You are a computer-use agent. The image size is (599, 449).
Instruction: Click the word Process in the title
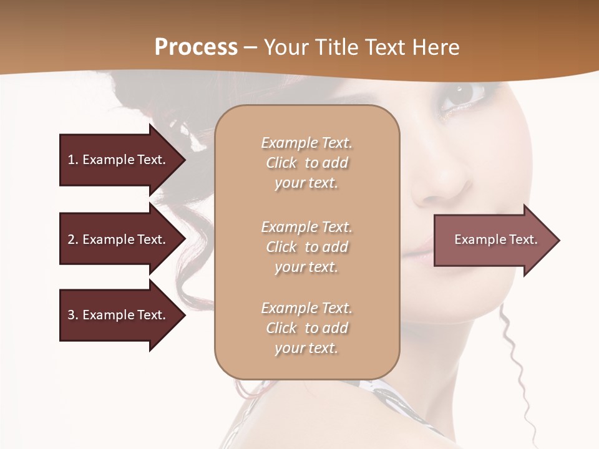(196, 47)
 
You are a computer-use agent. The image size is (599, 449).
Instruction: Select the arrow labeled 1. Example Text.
(119, 160)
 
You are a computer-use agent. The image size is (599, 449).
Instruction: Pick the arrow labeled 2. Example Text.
(119, 239)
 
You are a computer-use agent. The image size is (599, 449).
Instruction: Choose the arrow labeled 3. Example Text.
(119, 315)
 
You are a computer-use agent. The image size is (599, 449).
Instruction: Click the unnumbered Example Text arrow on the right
(493, 240)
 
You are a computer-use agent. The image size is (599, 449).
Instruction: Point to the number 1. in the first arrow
(73, 160)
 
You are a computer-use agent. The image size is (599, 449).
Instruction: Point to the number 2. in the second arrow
(73, 239)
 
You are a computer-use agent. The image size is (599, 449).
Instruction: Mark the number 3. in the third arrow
(73, 315)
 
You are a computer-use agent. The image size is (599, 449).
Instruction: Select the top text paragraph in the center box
(306, 163)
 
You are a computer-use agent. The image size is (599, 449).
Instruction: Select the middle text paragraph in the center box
(306, 247)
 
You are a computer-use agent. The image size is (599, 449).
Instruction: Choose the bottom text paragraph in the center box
(306, 328)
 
